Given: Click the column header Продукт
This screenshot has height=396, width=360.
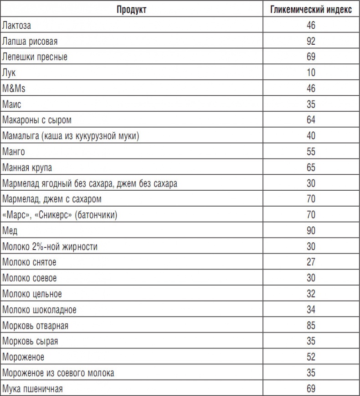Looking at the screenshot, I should [131, 10].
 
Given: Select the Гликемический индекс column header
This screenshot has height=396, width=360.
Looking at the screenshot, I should [311, 10].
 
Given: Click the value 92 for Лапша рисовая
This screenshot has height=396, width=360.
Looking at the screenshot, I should [311, 42].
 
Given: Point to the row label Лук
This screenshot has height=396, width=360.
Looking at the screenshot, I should [9, 73].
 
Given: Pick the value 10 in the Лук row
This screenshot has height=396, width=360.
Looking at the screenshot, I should [311, 73].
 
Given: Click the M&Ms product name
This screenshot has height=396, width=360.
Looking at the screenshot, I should [14, 89].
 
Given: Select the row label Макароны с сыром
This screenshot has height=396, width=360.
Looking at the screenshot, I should [37, 120].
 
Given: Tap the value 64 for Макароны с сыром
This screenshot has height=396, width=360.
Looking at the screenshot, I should [311, 120].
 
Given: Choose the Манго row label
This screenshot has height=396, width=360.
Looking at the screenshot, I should [14, 152].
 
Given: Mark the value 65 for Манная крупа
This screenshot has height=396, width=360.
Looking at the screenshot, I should [311, 167].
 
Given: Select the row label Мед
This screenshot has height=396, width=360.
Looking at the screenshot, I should [9, 231].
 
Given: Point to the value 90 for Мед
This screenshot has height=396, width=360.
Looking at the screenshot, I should [311, 231].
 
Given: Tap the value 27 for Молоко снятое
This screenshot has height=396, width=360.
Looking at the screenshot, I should [311, 262].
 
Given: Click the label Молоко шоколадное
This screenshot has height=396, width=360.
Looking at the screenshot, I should [39, 310].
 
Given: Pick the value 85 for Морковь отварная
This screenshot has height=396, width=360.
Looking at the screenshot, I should [311, 326].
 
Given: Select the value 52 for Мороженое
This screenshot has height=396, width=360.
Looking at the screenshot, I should [311, 357].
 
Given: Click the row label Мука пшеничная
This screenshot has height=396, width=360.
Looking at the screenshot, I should [32, 389].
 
